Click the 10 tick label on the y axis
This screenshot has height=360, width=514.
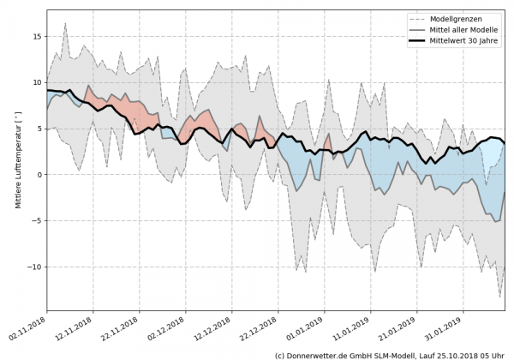(x=36, y=82)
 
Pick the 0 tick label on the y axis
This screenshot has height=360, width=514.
(x=39, y=175)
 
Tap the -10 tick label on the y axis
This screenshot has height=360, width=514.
(x=33, y=267)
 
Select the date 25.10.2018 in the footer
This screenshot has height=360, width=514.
(x=463, y=354)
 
